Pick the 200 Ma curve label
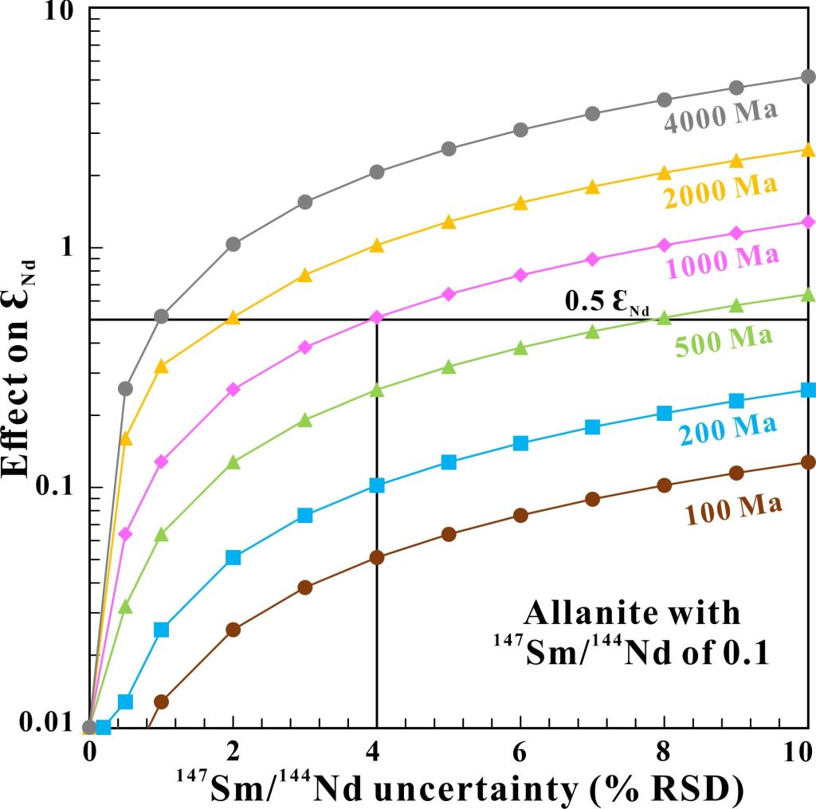tap(727, 428)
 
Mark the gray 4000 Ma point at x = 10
tap(808, 77)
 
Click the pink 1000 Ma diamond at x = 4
tap(377, 318)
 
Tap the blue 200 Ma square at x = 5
tap(449, 462)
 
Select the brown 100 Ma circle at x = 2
tap(233, 630)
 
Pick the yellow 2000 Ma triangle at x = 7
tap(592, 187)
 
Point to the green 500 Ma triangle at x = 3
tap(304, 420)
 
